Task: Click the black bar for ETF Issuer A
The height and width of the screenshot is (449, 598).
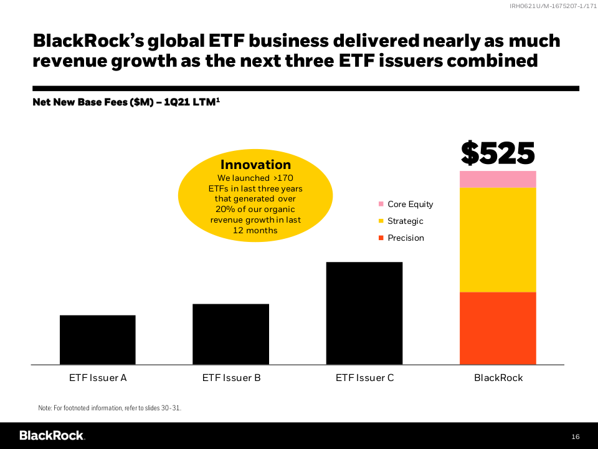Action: [98, 340]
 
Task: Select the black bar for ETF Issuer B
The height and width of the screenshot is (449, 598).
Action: [231, 334]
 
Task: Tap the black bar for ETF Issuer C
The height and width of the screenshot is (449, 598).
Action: [364, 313]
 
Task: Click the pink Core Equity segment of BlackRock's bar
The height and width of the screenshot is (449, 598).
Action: [498, 180]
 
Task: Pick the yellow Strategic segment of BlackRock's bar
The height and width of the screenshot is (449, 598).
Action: [498, 240]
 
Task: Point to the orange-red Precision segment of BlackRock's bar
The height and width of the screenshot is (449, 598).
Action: [498, 328]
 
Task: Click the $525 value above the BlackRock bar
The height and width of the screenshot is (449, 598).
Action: [498, 153]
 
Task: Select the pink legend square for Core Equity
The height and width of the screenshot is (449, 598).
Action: [381, 204]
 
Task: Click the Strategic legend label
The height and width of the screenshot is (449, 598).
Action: [405, 221]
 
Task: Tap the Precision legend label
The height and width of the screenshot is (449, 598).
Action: [406, 238]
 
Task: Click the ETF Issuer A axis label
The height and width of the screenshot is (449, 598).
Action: [98, 378]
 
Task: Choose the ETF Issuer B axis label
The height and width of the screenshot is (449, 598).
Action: [231, 378]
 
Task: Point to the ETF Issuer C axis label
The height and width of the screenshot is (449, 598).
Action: [364, 378]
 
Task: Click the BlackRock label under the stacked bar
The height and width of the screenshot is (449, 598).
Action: [498, 378]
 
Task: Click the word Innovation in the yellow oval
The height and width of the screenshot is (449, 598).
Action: [255, 165]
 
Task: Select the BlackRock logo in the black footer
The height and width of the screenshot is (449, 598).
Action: [52, 435]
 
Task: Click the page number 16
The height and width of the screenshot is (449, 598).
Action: [575, 436]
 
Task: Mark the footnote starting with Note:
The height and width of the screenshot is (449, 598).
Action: [110, 408]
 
